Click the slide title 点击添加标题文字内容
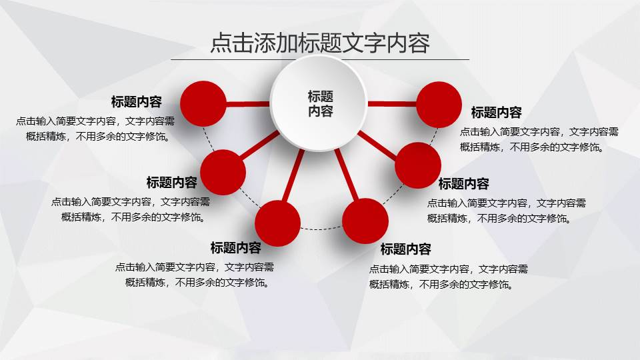point(320,43)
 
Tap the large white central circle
point(320,104)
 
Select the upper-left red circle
point(204,104)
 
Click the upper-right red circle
point(438,104)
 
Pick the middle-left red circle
point(223,173)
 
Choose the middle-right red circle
point(418,165)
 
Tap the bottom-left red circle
point(278,222)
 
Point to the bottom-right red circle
point(365,221)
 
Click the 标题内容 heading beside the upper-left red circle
point(137,102)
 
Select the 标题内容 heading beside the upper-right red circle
point(497,112)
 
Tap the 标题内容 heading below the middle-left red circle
point(172,183)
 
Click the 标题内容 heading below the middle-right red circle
point(464,184)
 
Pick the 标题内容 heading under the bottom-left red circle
point(236,248)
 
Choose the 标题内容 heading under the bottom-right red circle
point(406,249)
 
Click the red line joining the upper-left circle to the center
point(248,104)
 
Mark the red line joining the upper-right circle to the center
point(391,104)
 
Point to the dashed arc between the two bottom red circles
point(321,229)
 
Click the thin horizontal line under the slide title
point(320,60)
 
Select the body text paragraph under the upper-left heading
point(95,129)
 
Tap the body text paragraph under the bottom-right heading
point(449,277)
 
